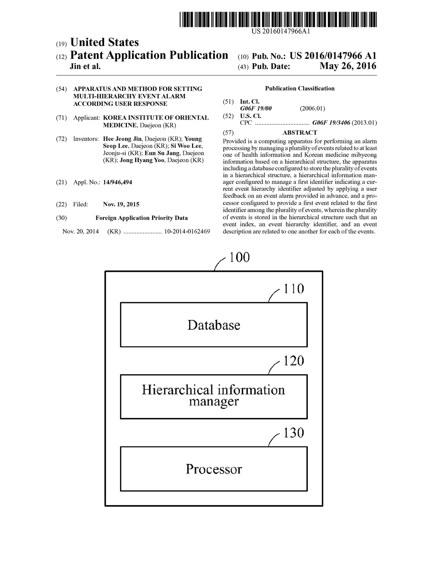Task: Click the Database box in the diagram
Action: click(213, 325)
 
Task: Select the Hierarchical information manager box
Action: click(213, 396)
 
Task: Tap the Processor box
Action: click(213, 469)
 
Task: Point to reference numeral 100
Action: click(239, 257)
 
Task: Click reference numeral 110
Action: click(294, 289)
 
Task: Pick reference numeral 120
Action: click(294, 361)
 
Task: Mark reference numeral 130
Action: click(294, 433)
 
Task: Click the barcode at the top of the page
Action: click(278, 20)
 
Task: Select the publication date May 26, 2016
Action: click(348, 66)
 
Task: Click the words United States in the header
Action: click(104, 42)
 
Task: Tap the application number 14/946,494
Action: click(117, 182)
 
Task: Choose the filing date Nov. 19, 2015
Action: click(121, 205)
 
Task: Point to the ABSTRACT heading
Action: click(300, 133)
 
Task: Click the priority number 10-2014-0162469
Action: click(187, 232)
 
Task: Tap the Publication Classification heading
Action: click(300, 89)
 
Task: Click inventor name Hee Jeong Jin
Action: click(122, 139)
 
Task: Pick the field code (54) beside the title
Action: click(61, 89)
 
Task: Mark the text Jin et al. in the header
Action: click(85, 66)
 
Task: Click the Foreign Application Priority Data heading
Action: click(141, 218)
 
